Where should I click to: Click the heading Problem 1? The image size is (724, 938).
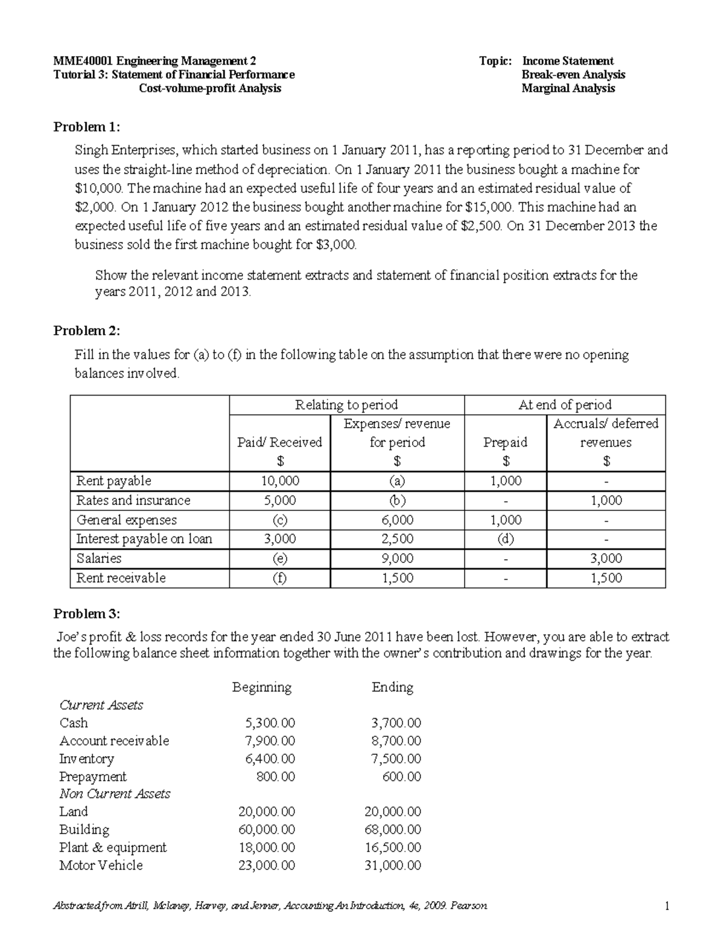click(87, 127)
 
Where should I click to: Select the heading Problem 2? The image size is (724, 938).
click(87, 330)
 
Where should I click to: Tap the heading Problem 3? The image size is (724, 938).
click(87, 614)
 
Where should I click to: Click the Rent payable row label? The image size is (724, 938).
click(113, 481)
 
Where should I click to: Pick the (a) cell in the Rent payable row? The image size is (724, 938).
click(397, 481)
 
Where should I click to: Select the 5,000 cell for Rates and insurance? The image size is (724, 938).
click(280, 501)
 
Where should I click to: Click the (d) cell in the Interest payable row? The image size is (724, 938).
click(505, 539)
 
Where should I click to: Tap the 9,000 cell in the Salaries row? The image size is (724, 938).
click(397, 559)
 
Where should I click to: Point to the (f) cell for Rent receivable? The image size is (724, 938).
click(280, 578)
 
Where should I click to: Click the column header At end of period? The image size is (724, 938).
click(565, 405)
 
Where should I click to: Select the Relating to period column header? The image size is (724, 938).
click(346, 405)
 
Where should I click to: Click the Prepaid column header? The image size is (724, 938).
click(505, 443)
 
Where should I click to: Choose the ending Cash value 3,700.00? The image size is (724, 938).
click(396, 723)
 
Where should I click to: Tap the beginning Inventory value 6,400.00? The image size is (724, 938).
click(270, 759)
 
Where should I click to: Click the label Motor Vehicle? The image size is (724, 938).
click(101, 866)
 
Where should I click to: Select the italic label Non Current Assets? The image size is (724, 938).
click(115, 794)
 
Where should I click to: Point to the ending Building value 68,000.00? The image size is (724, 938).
click(393, 830)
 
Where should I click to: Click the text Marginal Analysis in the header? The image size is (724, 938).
click(568, 89)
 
